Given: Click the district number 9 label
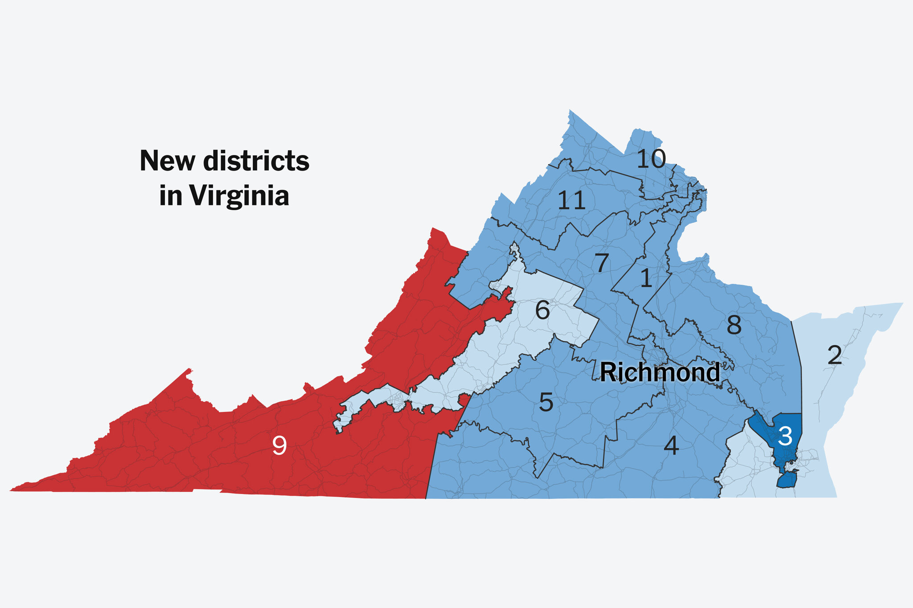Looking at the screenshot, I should (279, 445).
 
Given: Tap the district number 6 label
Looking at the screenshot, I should (542, 310).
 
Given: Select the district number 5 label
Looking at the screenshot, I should (546, 402).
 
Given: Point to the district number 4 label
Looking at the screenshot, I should (671, 445).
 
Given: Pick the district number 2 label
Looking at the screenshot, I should (835, 355).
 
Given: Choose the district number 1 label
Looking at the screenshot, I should (646, 279).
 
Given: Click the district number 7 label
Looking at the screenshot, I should (601, 263).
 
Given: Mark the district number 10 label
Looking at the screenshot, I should (651, 159).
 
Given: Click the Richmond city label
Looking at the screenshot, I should (660, 372).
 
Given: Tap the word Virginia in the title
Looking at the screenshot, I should (239, 196).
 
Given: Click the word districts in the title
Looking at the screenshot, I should (256, 161).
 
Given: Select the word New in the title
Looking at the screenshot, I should (168, 161).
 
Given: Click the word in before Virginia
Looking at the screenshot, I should (170, 196).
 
